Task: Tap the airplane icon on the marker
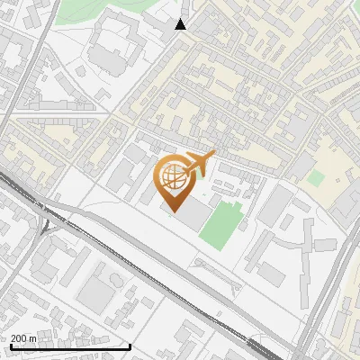click(197, 164)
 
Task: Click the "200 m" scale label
click(24, 337)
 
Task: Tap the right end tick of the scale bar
click(130, 346)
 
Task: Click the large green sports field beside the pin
click(220, 226)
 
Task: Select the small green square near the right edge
click(315, 177)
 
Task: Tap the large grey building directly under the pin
click(192, 215)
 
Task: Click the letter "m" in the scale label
click(32, 337)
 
